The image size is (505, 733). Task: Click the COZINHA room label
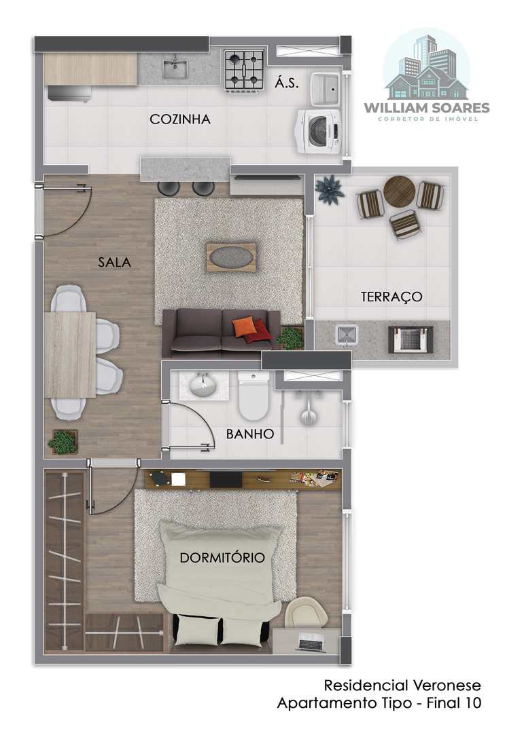[x=180, y=119]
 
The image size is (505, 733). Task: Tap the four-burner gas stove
[x=244, y=70]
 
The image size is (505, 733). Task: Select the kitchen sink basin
[x=175, y=69]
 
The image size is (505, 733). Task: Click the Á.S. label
[x=286, y=83]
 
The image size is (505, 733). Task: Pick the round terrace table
[x=400, y=191]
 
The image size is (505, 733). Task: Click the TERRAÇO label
[x=391, y=297]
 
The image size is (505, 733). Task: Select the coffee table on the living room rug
[x=231, y=257]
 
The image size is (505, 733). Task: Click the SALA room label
[x=115, y=262]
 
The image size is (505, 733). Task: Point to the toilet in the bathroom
[x=254, y=396]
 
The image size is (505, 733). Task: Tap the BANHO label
[x=250, y=434]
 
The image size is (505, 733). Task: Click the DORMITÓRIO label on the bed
[x=222, y=557]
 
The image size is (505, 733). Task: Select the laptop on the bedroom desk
[x=310, y=641]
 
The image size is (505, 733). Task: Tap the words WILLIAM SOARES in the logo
[x=427, y=108]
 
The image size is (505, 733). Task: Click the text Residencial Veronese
[x=402, y=685]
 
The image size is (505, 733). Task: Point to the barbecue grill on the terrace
[x=411, y=339]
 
